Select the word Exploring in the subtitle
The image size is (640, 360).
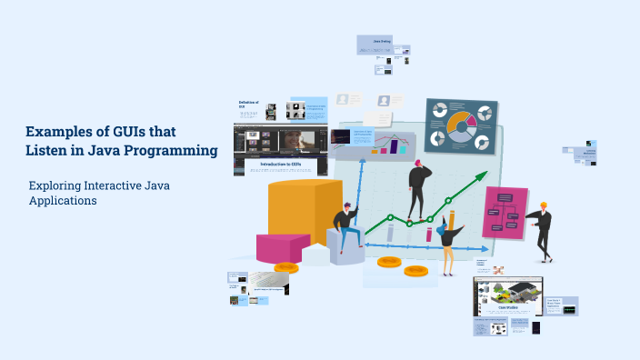(54, 185)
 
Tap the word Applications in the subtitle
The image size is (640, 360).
(63, 201)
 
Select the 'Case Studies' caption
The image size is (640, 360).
(507, 308)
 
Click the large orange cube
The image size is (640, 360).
(304, 214)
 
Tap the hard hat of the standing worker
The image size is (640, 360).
(543, 205)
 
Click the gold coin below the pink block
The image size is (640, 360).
(286, 267)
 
